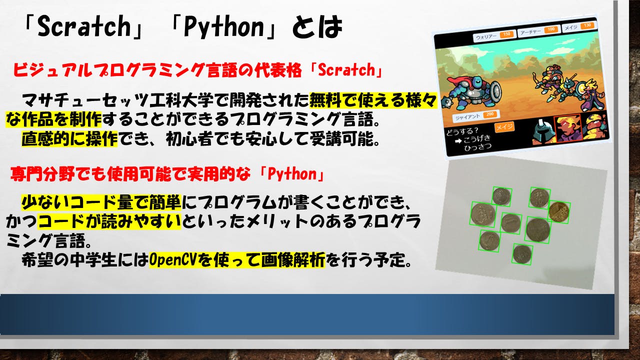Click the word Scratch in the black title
84,26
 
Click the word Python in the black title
224,27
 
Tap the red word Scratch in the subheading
346,69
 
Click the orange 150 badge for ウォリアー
506,34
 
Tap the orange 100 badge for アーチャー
551,29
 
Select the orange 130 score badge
587,25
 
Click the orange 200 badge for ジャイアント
490,114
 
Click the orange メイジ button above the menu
504,127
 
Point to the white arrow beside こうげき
458,141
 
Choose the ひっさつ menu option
477,147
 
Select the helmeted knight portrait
543,132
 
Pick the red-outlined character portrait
567,128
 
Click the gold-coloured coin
559,211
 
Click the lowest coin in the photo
522,254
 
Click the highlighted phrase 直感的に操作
69,139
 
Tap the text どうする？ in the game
462,131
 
